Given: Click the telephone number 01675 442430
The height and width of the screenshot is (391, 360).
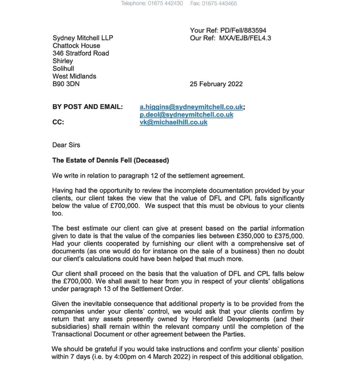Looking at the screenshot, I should [x=165, y=3].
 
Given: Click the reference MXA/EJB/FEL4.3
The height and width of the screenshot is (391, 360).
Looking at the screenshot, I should [x=245, y=38].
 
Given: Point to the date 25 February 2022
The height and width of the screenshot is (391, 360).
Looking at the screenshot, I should [x=216, y=84].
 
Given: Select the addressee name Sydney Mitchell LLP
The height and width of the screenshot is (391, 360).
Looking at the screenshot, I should [x=83, y=38].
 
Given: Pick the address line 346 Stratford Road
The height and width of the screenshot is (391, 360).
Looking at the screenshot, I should [x=81, y=53].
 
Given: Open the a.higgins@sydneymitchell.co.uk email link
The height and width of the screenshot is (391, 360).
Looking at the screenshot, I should [x=191, y=107].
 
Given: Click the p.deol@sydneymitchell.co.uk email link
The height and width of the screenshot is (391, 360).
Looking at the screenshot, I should [x=186, y=114].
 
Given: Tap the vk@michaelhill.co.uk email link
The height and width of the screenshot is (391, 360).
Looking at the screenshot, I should [x=173, y=122].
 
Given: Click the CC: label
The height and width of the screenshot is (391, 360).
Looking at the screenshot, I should [x=59, y=122].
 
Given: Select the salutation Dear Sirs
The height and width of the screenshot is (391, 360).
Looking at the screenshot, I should [x=66, y=145].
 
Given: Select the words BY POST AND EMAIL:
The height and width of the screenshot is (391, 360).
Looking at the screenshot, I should [x=88, y=107].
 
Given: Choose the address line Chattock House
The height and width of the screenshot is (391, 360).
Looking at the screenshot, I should [x=76, y=45].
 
